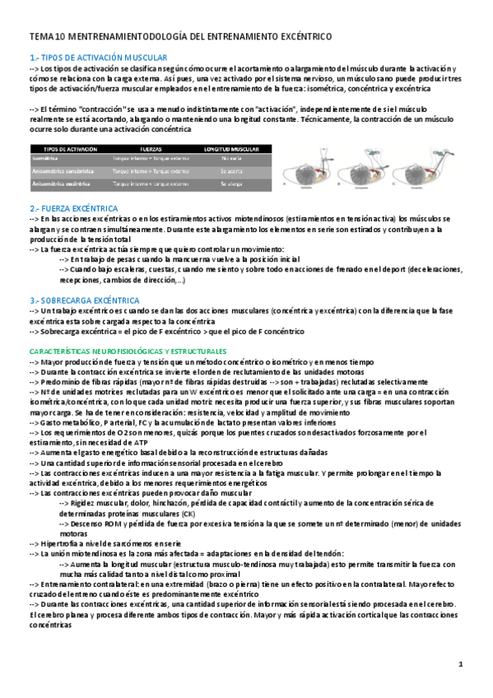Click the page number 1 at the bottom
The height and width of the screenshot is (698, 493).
pyautogui.click(x=461, y=663)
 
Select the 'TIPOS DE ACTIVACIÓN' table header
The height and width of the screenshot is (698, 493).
pyautogui.click(x=63, y=150)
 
